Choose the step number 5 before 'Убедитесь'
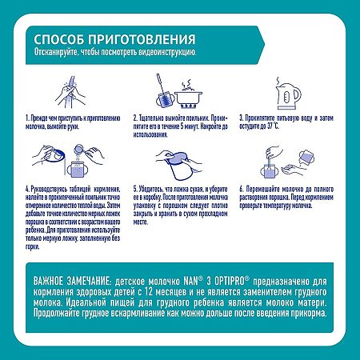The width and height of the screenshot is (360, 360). pyautogui.click(x=134, y=189)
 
